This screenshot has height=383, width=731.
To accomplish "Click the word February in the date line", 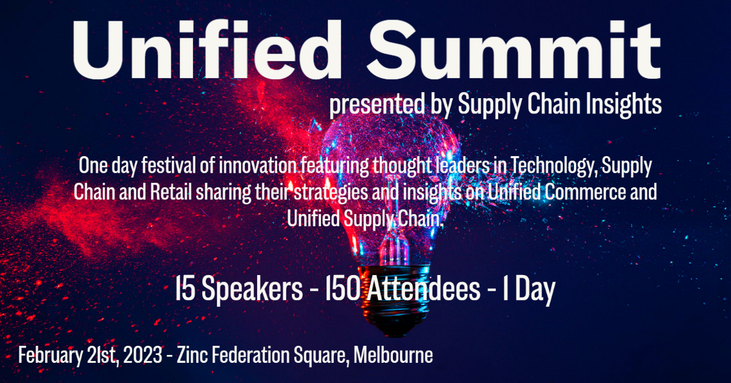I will pos(48,356).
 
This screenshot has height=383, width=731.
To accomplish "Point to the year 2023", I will pos(147,356).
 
